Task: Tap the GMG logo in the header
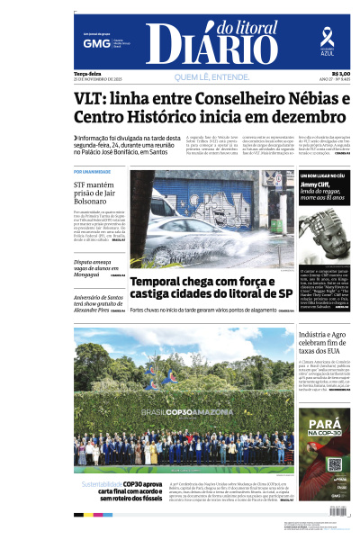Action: (91, 43)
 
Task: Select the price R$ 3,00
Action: (341, 73)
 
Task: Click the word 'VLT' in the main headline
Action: (94, 96)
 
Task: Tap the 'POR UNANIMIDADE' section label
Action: (93, 171)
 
